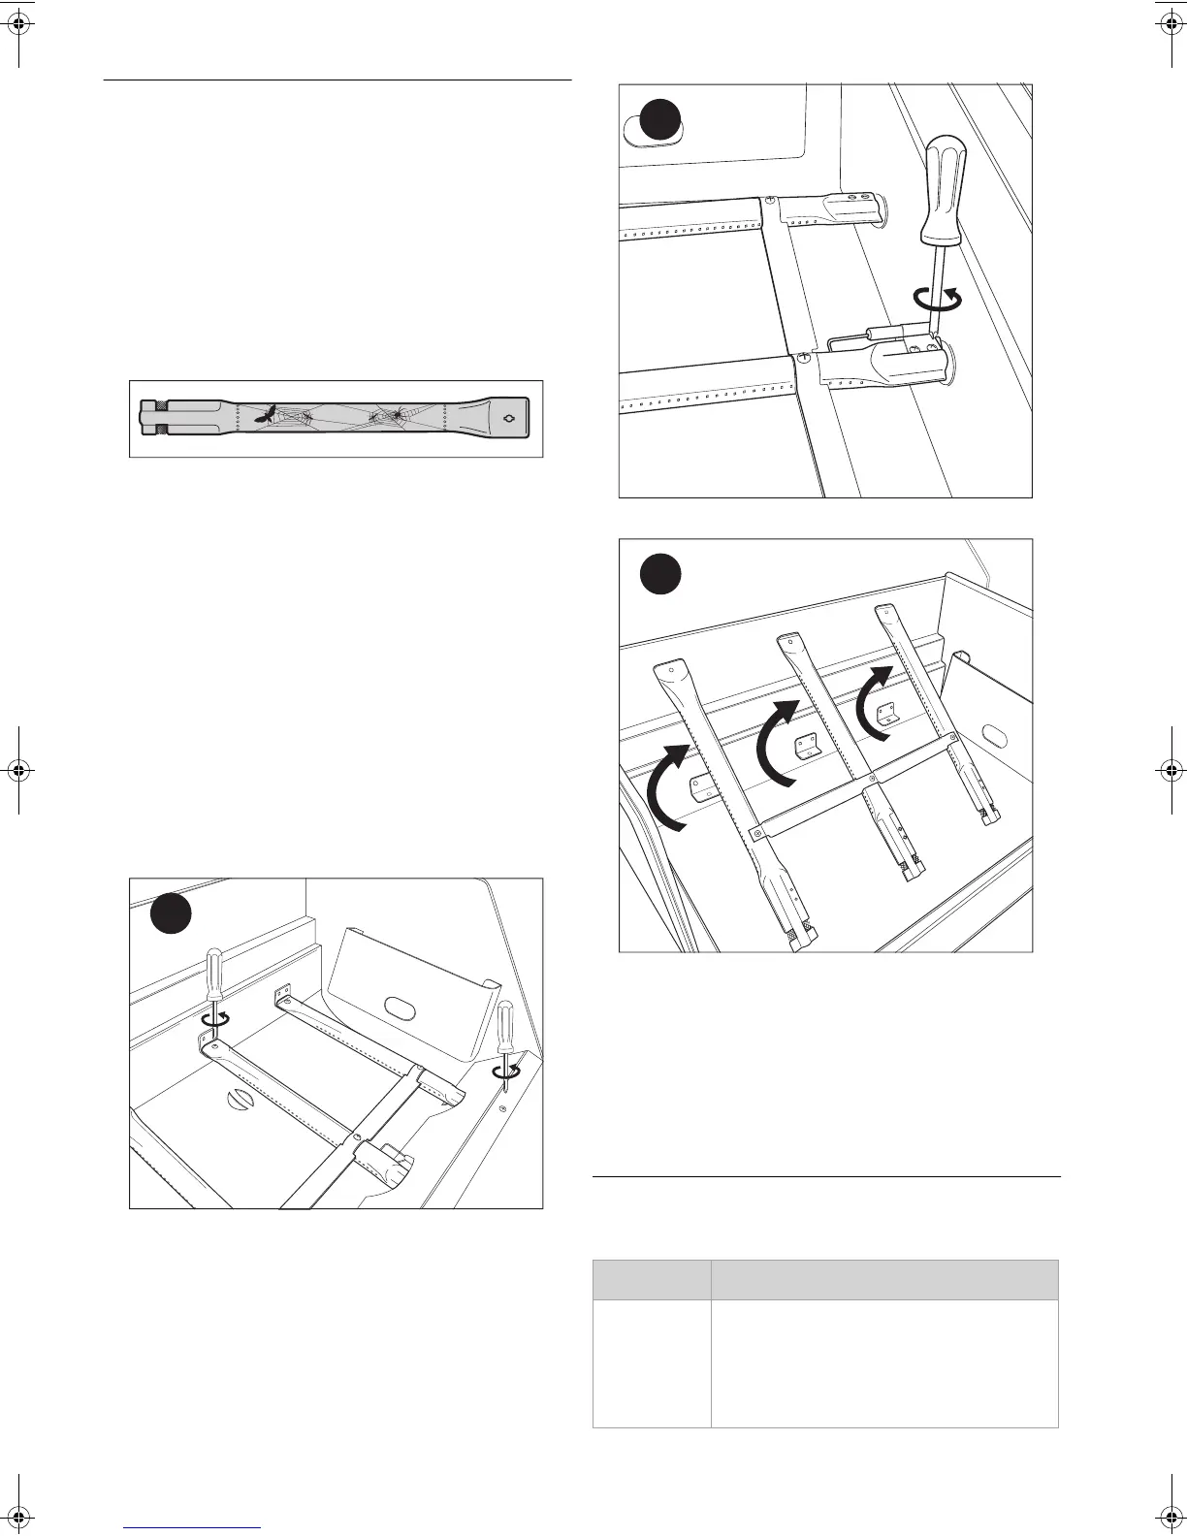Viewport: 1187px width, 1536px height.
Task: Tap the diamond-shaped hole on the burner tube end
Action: [511, 418]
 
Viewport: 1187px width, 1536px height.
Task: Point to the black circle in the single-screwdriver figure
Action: [659, 121]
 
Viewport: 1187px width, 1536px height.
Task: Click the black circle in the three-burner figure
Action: [659, 575]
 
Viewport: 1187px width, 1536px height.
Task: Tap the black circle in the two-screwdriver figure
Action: [171, 914]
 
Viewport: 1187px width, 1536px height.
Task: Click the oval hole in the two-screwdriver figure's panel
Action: [398, 1007]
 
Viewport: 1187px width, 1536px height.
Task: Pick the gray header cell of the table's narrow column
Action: [651, 1280]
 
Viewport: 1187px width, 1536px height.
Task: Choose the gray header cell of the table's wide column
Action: [883, 1280]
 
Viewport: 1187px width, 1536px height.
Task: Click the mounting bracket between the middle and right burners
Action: [883, 714]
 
